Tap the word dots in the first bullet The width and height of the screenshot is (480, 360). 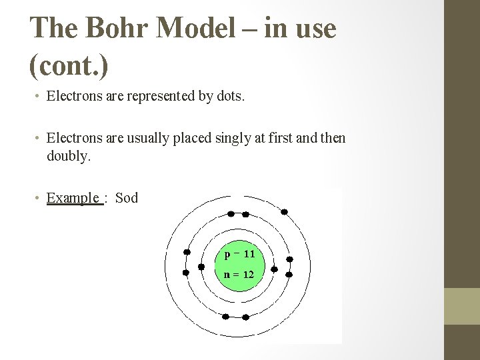click(231, 97)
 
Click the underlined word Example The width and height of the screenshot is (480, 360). click(73, 198)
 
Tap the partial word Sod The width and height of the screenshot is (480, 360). click(127, 198)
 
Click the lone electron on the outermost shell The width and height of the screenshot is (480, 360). click(284, 212)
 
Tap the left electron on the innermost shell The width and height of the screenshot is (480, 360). click(201, 266)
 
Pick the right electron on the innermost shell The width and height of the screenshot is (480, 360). click(274, 266)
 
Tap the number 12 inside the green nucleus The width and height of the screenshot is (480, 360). click(248, 274)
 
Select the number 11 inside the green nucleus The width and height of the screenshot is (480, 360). click(249, 254)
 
